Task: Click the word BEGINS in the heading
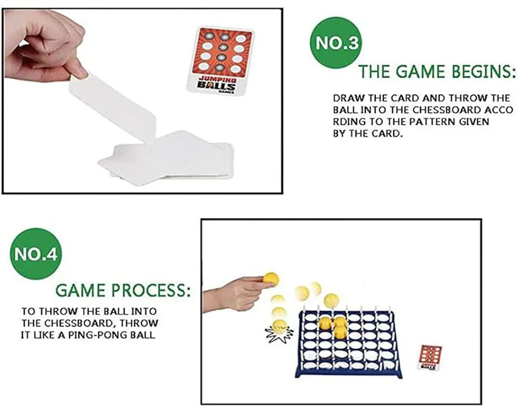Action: [479, 72]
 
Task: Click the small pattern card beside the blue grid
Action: [429, 357]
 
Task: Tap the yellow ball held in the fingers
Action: [271, 278]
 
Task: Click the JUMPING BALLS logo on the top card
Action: [218, 84]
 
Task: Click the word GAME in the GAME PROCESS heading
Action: [81, 290]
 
